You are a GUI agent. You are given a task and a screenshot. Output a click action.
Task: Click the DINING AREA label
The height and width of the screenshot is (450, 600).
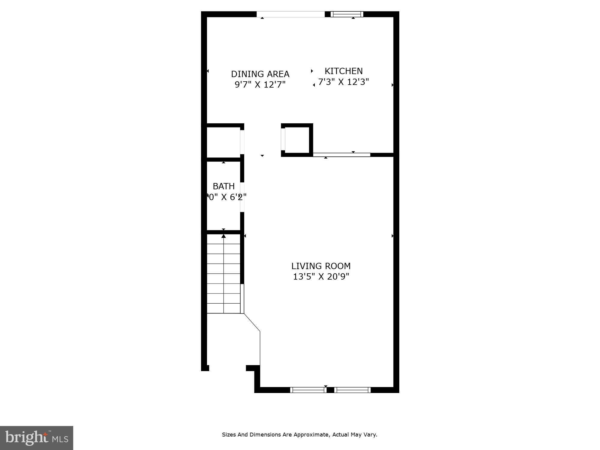pyautogui.click(x=260, y=74)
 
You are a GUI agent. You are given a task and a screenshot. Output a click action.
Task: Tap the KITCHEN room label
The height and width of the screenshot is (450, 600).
pyautogui.click(x=343, y=71)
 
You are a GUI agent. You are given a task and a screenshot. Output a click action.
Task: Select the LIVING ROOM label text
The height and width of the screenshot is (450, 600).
pyautogui.click(x=321, y=266)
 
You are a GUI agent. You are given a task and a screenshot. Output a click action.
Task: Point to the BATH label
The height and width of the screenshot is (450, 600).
pyautogui.click(x=223, y=186)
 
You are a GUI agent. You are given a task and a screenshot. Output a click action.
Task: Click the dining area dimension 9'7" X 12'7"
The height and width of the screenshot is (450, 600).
pyautogui.click(x=260, y=85)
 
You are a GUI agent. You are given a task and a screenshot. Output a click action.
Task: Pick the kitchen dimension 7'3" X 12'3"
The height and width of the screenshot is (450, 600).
pyautogui.click(x=343, y=82)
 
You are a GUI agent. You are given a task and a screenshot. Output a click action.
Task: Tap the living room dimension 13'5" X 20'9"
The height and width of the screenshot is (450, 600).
pyautogui.click(x=321, y=277)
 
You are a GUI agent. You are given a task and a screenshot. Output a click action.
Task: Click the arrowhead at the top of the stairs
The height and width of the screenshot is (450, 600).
pyautogui.click(x=223, y=236)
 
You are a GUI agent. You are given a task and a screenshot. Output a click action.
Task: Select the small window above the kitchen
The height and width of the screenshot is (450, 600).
pyautogui.click(x=347, y=14)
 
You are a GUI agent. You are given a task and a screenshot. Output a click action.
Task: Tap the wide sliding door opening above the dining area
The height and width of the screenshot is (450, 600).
pyautogui.click(x=290, y=14)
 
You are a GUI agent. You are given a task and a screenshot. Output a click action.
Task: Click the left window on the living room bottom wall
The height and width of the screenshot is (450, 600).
pyautogui.click(x=308, y=390)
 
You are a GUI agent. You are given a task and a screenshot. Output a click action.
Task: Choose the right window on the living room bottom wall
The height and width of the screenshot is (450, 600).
pyautogui.click(x=352, y=390)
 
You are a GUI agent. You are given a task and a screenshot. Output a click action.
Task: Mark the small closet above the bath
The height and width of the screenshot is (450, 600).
pyautogui.click(x=223, y=142)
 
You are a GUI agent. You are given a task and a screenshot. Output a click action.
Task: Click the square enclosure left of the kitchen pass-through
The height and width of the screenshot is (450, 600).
pyautogui.click(x=297, y=140)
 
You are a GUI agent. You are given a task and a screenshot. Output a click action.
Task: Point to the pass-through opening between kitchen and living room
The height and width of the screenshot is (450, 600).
pyautogui.click(x=341, y=155)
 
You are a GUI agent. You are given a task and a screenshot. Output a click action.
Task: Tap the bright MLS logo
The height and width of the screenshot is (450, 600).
pyautogui.click(x=37, y=438)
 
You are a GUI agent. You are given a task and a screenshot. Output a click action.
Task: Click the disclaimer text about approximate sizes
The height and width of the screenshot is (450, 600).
pyautogui.click(x=299, y=434)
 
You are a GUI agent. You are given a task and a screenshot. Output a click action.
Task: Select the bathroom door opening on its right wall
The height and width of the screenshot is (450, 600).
pyautogui.click(x=242, y=197)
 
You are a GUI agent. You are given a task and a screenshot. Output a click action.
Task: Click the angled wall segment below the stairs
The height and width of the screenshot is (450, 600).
pyautogui.click(x=252, y=322)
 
